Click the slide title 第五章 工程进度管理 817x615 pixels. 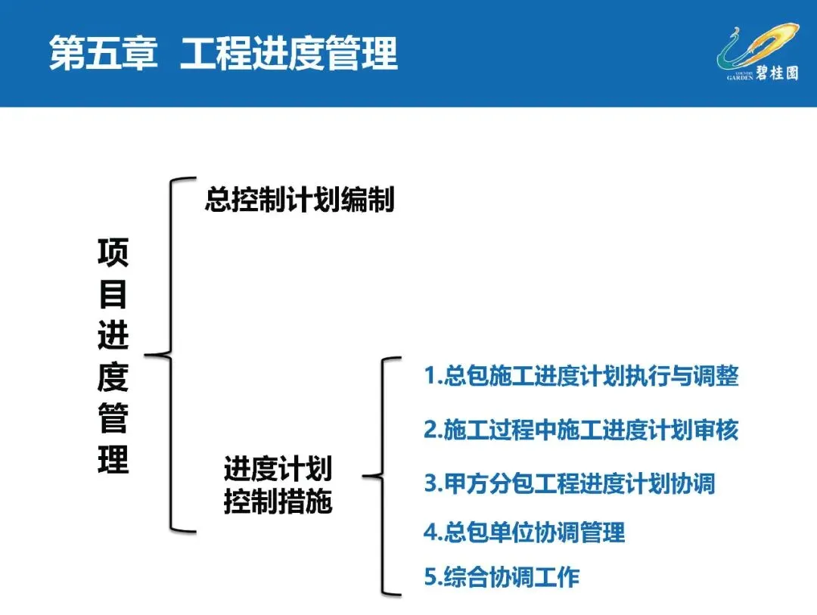pos(223,54)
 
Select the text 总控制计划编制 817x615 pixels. pos(300,200)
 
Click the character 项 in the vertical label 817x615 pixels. pos(113,253)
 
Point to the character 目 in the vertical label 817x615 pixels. pos(113,295)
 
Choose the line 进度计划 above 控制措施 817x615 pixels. pos(278,469)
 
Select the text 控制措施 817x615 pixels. pos(278,502)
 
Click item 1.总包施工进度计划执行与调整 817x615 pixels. pos(580,376)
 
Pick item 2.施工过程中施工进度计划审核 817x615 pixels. pos(580,430)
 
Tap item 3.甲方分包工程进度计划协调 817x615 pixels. pos(569,483)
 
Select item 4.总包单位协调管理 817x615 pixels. pos(523,532)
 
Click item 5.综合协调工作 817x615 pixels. pos(501,577)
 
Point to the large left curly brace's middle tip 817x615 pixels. pos(148,354)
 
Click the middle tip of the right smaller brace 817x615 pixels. pos(365,476)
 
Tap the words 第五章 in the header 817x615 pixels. pos(103,54)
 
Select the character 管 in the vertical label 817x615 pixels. pos(113,418)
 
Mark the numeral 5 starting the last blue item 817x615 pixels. pos(429,578)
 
